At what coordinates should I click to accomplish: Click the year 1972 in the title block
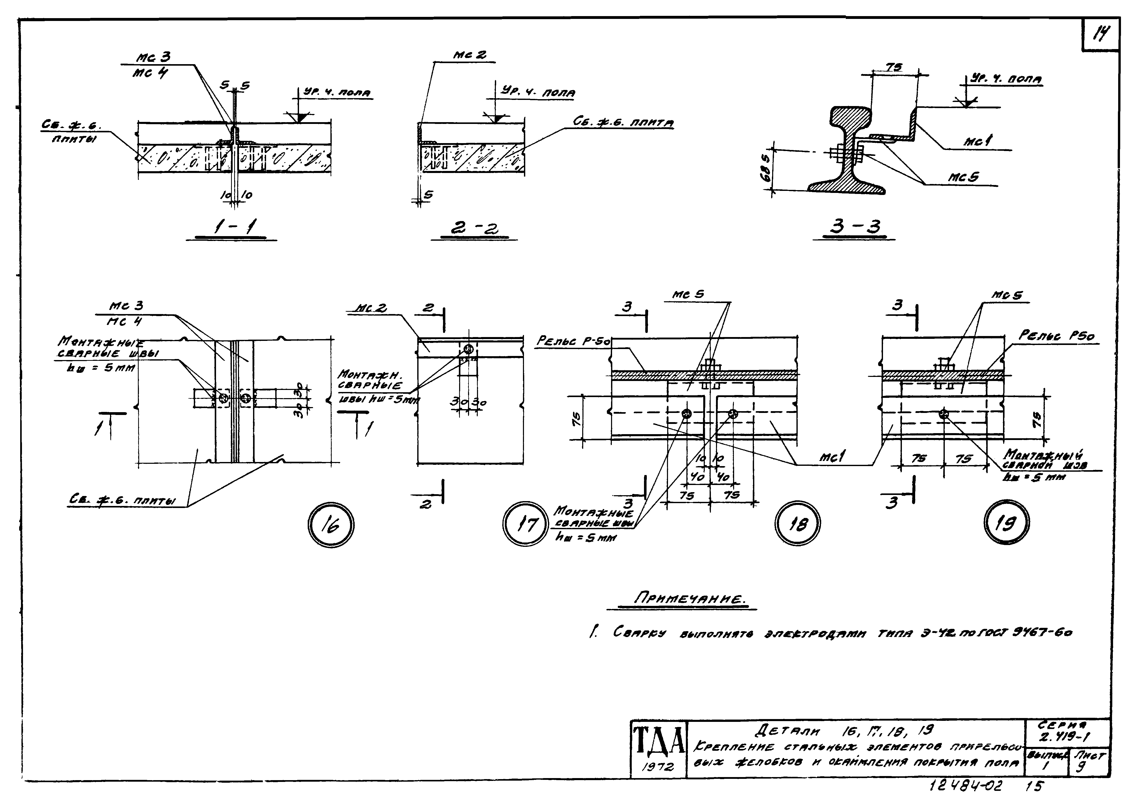pos(658,767)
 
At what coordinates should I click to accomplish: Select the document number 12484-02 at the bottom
pos(966,786)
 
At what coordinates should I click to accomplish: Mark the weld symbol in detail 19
pos(943,413)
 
